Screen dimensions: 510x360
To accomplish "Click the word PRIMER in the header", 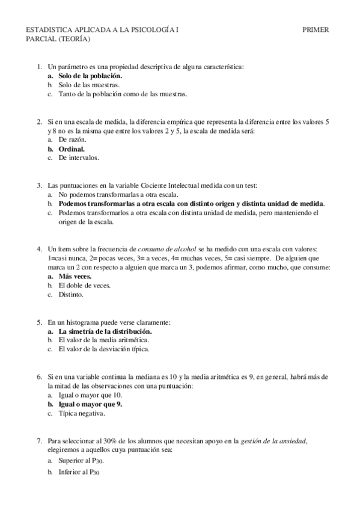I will (316, 29).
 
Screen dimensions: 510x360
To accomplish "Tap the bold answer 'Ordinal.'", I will (72, 148).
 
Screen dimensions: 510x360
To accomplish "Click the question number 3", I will (39, 186).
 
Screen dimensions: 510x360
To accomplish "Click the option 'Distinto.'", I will (71, 295).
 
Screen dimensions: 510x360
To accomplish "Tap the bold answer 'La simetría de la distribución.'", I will (105, 331).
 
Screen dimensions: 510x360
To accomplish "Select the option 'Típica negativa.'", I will (82, 413).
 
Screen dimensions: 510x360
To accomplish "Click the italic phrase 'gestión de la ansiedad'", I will (273, 441).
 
